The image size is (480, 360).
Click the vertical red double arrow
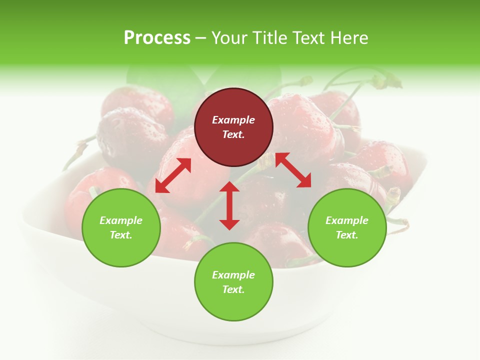pyautogui.click(x=229, y=205)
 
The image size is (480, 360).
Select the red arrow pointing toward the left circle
pyautogui.click(x=173, y=175)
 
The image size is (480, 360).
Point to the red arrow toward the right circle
pyautogui.click(x=293, y=170)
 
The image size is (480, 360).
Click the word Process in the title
pyautogui.click(x=157, y=38)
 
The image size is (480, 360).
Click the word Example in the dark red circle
pyautogui.click(x=233, y=120)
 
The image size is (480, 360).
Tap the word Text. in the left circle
pyautogui.click(x=121, y=235)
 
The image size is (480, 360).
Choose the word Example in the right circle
pyautogui.click(x=347, y=220)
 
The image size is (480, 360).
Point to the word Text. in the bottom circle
pyautogui.click(x=233, y=289)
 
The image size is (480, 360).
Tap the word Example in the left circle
pyautogui.click(x=121, y=220)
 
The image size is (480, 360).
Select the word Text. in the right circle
pyautogui.click(x=347, y=235)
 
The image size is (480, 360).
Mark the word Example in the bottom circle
pyautogui.click(x=233, y=275)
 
